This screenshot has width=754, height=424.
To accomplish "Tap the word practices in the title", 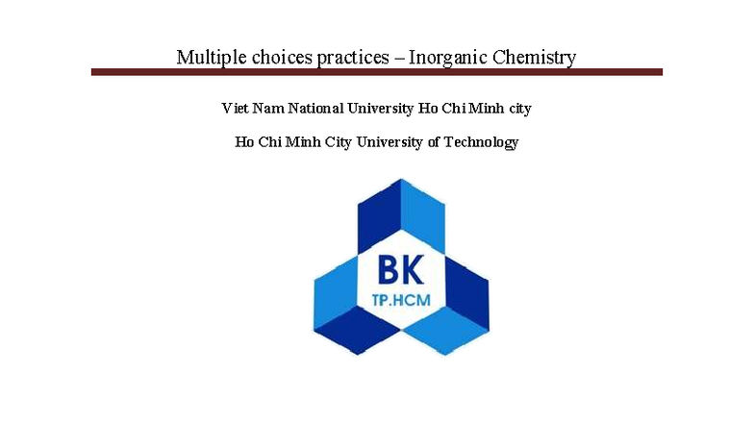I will (355, 57).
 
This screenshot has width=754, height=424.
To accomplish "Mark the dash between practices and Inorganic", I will (399, 58).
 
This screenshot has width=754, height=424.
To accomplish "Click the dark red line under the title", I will (377, 72).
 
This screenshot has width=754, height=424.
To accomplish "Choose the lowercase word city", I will (517, 108).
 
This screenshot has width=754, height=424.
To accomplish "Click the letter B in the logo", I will (388, 268).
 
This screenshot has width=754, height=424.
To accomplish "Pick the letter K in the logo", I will (415, 268).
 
